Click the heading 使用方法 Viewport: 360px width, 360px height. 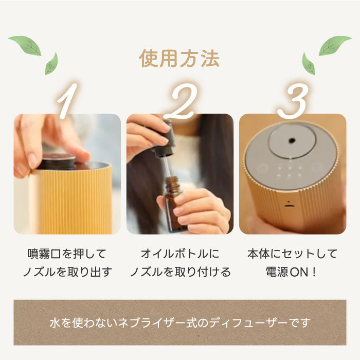[x=179, y=59]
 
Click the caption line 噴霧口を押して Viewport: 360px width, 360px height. [x=67, y=254]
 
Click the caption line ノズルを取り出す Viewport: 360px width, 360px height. [x=67, y=272]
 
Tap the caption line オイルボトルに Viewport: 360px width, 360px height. [x=179, y=254]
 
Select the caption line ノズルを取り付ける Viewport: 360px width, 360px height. [x=179, y=272]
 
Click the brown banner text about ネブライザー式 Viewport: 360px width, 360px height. [x=179, y=323]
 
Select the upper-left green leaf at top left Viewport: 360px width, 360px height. [x=25, y=45]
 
